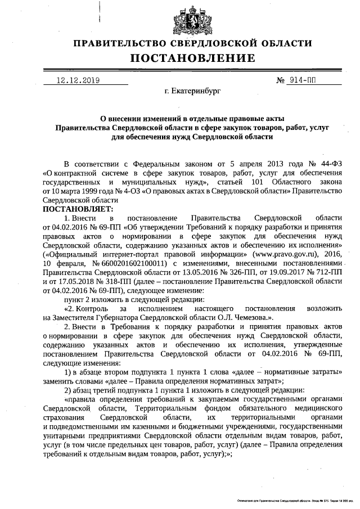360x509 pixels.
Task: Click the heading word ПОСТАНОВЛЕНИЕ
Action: click(x=193, y=58)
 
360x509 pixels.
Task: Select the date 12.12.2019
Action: click(x=78, y=80)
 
